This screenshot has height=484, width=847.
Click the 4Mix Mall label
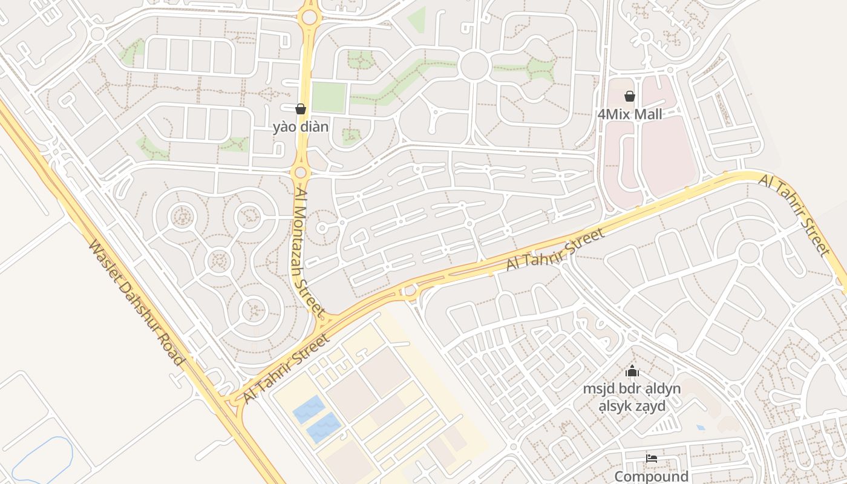pos(630,114)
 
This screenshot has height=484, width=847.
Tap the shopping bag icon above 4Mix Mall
pos(630,96)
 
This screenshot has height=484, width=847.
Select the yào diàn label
pos(301,127)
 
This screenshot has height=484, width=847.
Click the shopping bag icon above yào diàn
pos(301,109)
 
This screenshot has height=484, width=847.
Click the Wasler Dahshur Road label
pos(136,302)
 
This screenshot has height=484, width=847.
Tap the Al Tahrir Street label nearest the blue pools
pos(287,368)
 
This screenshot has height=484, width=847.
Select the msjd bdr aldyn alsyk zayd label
pos(632,397)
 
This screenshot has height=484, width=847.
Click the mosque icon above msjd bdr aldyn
pos(632,371)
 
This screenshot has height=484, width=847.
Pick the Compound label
pos(652,476)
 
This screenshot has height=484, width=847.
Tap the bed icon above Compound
pos(652,459)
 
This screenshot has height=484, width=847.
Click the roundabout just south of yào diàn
pos(301,172)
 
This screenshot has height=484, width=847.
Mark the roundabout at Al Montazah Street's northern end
pos(309,17)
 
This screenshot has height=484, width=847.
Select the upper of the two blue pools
pos(309,409)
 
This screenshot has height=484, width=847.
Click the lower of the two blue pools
pos(323,428)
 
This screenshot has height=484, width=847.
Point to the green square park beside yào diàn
pos(329,97)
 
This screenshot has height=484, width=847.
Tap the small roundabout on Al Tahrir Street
pos(410,292)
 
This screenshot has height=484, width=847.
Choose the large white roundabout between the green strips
pos(474,66)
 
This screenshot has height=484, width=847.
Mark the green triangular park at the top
pos(417,19)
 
